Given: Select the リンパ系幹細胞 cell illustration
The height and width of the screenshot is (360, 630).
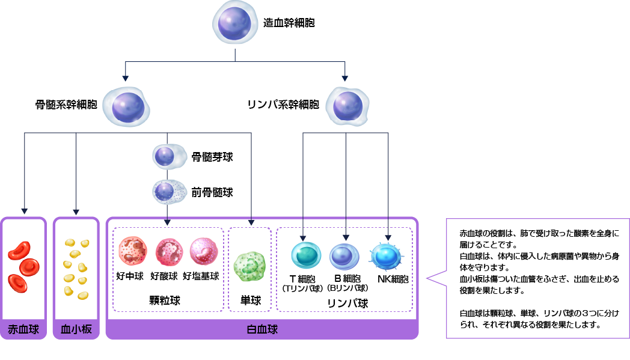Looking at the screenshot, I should click(347, 105).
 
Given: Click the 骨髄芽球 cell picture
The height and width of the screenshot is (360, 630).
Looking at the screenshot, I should click(165, 157).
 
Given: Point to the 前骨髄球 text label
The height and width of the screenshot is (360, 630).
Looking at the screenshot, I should click(212, 192).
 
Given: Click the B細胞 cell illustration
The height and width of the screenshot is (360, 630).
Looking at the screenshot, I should click(346, 255).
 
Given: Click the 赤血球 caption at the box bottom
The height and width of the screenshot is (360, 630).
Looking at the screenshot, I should click(23, 329).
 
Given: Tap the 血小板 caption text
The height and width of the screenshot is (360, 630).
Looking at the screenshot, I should click(76, 329).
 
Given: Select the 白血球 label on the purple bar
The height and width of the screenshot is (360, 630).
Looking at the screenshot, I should click(262, 329).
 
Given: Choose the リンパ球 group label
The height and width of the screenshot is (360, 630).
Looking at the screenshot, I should click(347, 303).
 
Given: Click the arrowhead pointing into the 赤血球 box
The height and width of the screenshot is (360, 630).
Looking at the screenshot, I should click(24, 211).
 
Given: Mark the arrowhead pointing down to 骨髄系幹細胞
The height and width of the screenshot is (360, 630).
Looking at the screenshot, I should click(125, 77).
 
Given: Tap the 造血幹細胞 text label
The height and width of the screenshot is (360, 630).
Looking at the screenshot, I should click(289, 23).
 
